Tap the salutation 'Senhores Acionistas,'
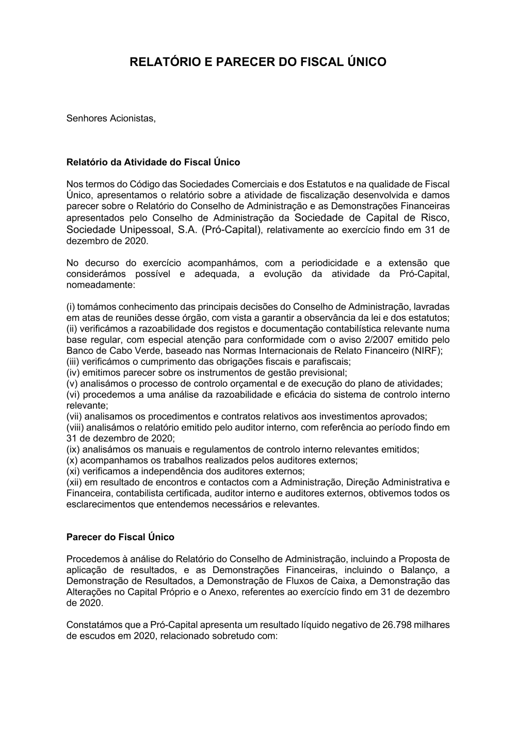click(x=111, y=118)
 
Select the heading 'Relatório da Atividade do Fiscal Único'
click(x=153, y=162)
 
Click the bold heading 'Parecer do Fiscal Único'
click(x=120, y=537)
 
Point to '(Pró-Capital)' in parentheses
click(x=232, y=230)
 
